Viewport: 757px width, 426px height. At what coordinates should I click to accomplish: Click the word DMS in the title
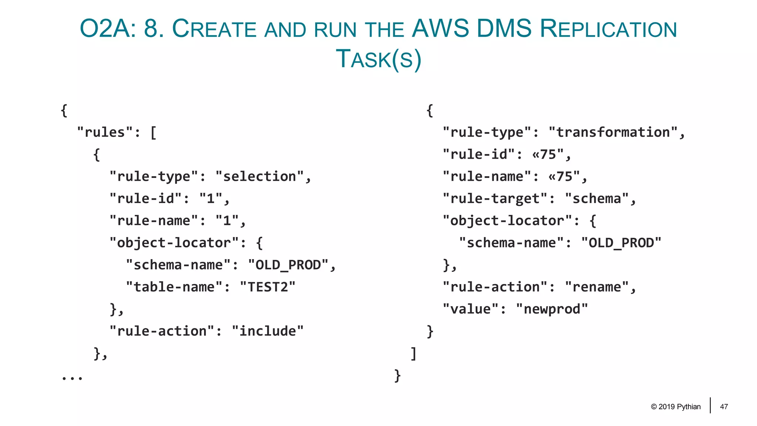[x=504, y=29]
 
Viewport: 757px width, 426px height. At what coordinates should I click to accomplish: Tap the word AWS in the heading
[x=440, y=29]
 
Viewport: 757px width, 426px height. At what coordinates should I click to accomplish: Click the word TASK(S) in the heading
[x=378, y=59]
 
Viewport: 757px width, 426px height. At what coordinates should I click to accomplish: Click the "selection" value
[x=259, y=176]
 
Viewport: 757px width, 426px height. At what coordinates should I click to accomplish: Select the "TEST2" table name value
[x=268, y=287]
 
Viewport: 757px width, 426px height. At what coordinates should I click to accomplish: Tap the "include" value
[x=268, y=331]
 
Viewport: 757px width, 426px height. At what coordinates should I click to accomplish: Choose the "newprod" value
[x=552, y=309]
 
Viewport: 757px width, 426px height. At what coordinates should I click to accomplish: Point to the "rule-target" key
[x=495, y=199]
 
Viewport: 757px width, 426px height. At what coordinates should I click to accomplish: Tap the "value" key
[x=471, y=309]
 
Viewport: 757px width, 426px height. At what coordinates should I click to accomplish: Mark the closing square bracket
[x=414, y=354]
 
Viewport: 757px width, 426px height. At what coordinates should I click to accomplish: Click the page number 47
[x=724, y=407]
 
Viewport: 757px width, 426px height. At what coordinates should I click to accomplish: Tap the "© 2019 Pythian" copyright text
[x=676, y=407]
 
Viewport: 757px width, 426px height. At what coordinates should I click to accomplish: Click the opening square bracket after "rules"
[x=153, y=132]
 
